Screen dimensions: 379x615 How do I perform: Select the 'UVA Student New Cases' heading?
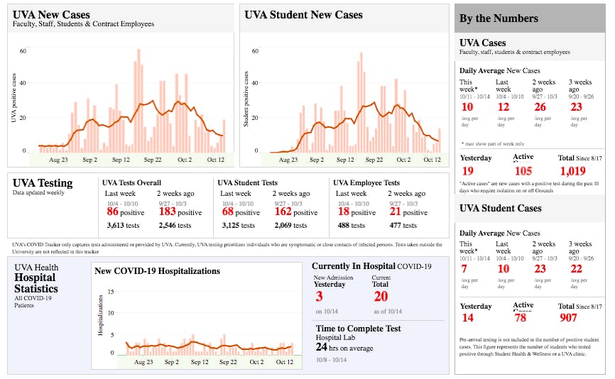point(303,15)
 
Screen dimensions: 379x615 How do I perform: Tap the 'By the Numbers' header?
point(499,18)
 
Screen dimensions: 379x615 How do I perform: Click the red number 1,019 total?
point(572,170)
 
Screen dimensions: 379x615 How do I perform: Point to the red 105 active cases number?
point(523,170)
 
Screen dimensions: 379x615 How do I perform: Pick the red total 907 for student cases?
point(568,318)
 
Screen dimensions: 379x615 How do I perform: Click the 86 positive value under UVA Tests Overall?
point(113,212)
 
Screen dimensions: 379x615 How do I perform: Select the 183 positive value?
point(168,212)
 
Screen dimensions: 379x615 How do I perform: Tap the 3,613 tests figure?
point(116,226)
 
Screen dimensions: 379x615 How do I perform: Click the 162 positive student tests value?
point(282,212)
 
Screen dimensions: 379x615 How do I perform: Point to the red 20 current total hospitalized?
point(381,297)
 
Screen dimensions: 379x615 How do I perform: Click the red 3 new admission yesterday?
point(320,297)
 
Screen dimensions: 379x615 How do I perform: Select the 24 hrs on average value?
point(321,348)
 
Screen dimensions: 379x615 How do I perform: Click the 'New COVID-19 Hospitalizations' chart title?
point(157,270)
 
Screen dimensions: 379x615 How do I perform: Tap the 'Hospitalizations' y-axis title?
point(100,317)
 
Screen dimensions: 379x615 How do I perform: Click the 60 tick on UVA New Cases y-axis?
point(23,51)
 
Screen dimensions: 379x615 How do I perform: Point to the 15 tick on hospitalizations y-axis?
point(111,292)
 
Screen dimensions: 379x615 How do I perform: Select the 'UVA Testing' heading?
point(43,183)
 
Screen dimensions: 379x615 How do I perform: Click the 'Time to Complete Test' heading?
point(358,329)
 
